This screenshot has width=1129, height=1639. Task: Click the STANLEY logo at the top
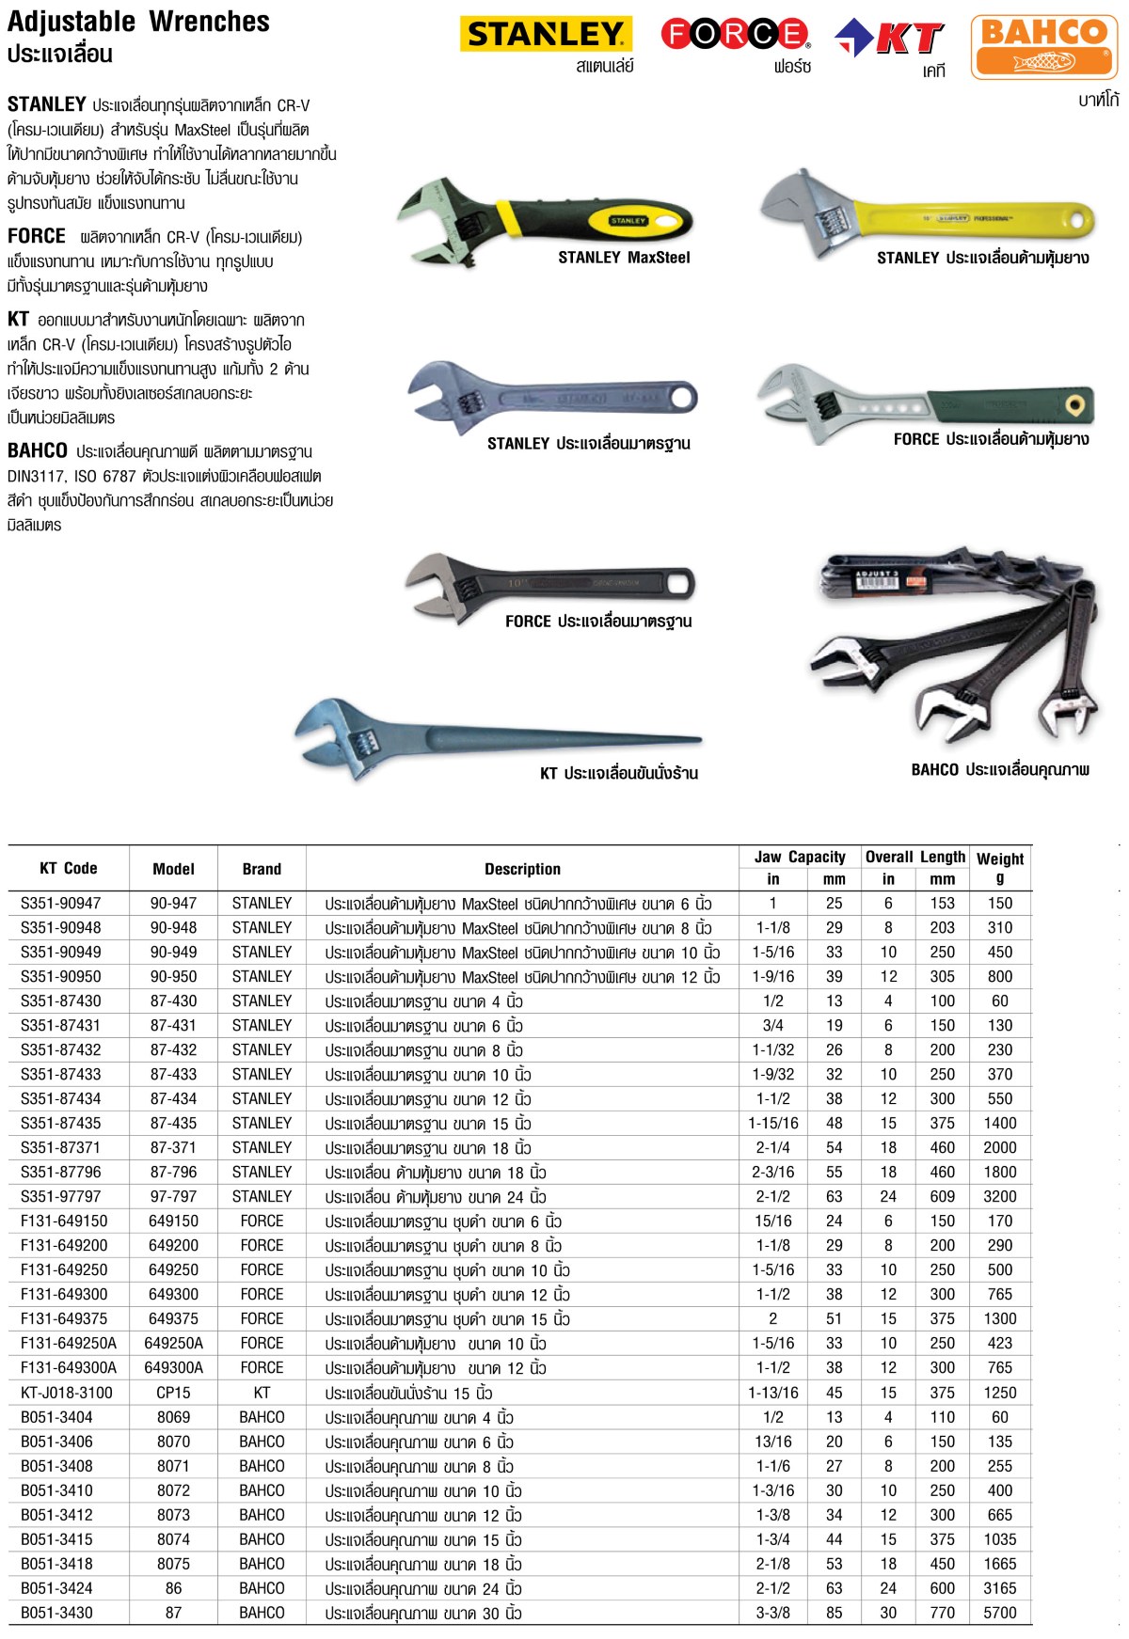pyautogui.click(x=546, y=35)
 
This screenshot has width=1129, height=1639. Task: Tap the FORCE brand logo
pyautogui.click(x=735, y=34)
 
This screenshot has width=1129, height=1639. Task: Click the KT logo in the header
pyautogui.click(x=890, y=39)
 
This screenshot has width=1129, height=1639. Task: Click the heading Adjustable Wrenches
pyautogui.click(x=138, y=22)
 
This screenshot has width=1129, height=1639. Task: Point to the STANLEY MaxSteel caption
pyautogui.click(x=624, y=258)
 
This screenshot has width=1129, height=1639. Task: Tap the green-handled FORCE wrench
pyautogui.click(x=927, y=402)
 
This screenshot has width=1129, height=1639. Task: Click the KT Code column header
pyautogui.click(x=68, y=868)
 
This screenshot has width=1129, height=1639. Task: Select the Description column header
pyautogui.click(x=522, y=869)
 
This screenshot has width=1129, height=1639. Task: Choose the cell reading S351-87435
pyautogui.click(x=61, y=1123)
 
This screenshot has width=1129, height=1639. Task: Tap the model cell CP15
pyautogui.click(x=173, y=1393)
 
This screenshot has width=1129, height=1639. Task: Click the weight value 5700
pyautogui.click(x=999, y=1613)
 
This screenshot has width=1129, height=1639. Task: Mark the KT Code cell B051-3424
pyautogui.click(x=56, y=1588)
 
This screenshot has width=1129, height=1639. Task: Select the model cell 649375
pyautogui.click(x=173, y=1318)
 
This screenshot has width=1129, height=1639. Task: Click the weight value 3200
pyautogui.click(x=999, y=1196)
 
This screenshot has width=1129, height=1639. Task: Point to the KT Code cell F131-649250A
pyautogui.click(x=69, y=1343)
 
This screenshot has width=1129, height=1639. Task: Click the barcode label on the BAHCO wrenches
pyautogui.click(x=881, y=580)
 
